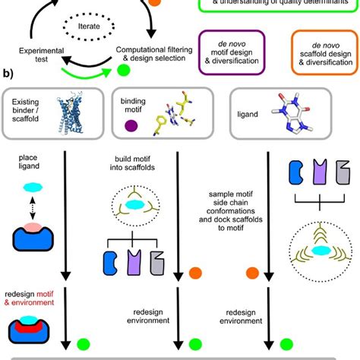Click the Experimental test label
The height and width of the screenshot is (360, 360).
coord(36,56)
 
